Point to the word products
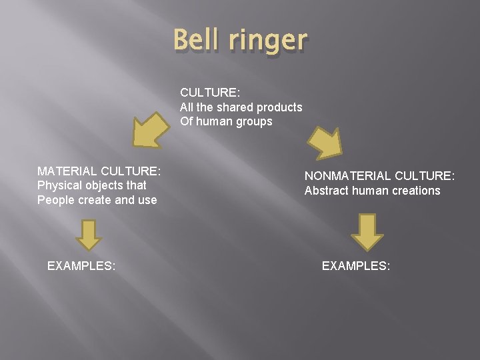(x=278, y=107)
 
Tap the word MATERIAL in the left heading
(x=67, y=171)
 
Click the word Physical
(x=59, y=185)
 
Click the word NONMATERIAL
(x=347, y=176)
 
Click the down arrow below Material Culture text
(x=88, y=234)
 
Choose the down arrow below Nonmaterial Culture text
(x=367, y=231)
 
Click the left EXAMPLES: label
(x=81, y=266)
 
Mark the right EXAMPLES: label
(x=356, y=266)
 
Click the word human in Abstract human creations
(x=371, y=191)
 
